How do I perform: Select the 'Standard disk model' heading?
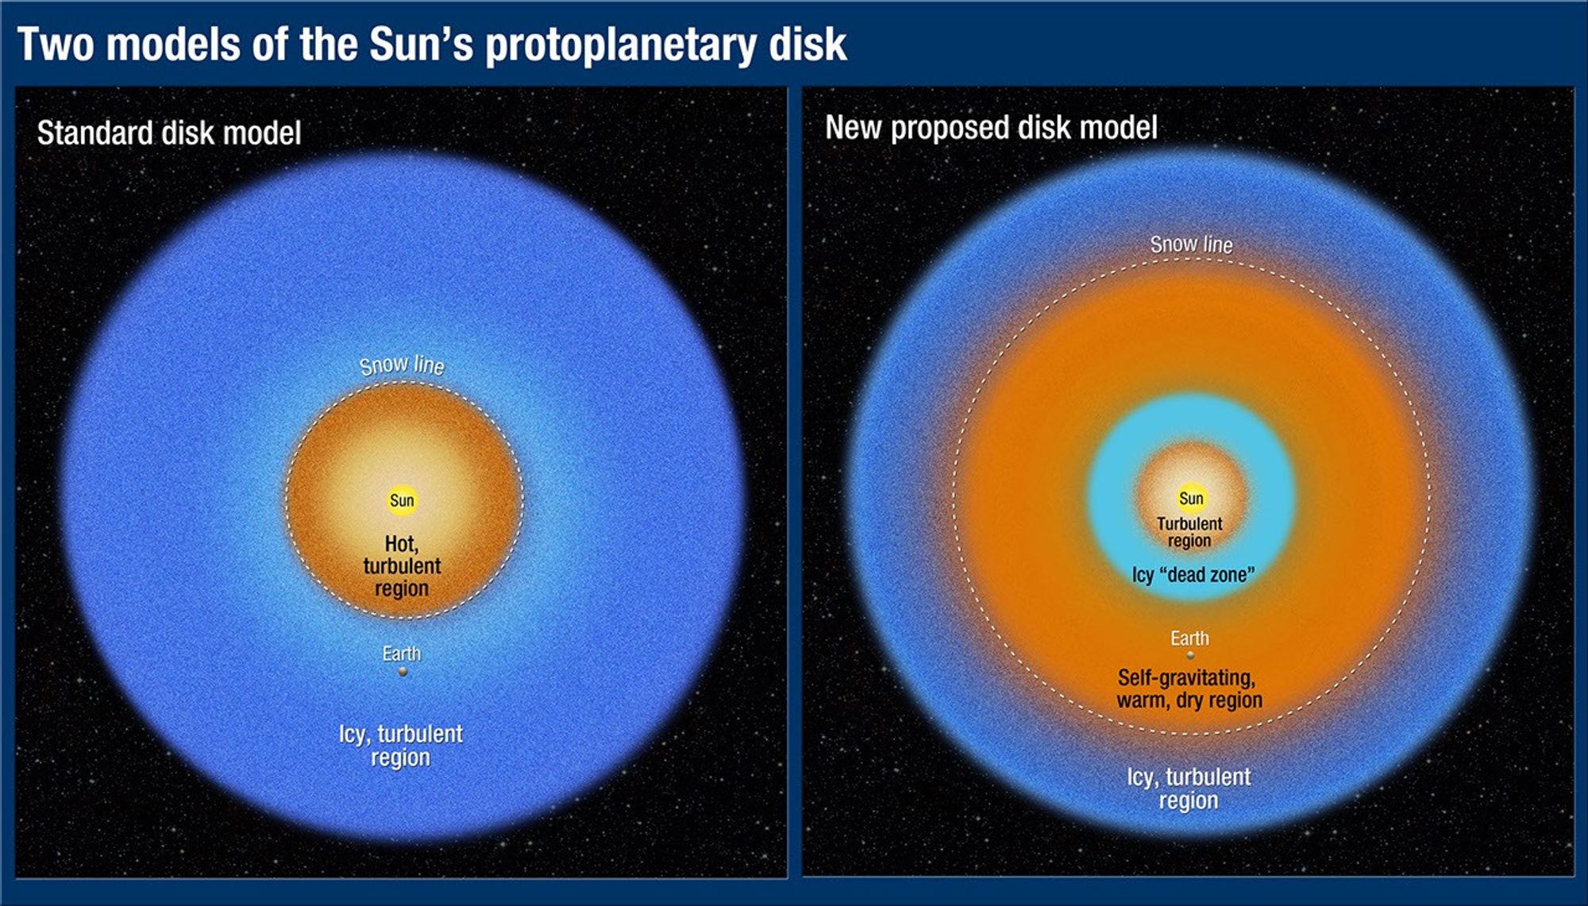(169, 133)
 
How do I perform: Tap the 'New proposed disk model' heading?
(991, 127)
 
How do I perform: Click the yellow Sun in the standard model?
(402, 500)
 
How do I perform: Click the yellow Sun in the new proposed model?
(1191, 498)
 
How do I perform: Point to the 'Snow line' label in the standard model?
(402, 364)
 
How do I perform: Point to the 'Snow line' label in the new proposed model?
(1191, 245)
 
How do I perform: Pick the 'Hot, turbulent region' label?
(402, 566)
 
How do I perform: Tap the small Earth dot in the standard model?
(403, 672)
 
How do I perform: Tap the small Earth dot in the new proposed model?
(1190, 656)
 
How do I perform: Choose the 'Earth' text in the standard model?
(402, 653)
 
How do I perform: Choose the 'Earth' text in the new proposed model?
(1189, 638)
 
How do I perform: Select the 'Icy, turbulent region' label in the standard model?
(401, 746)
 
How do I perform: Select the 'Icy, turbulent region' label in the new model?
(1189, 788)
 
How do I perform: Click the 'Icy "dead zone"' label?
(1193, 575)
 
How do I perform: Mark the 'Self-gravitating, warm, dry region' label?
(1189, 688)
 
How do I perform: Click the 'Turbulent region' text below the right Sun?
(1189, 532)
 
